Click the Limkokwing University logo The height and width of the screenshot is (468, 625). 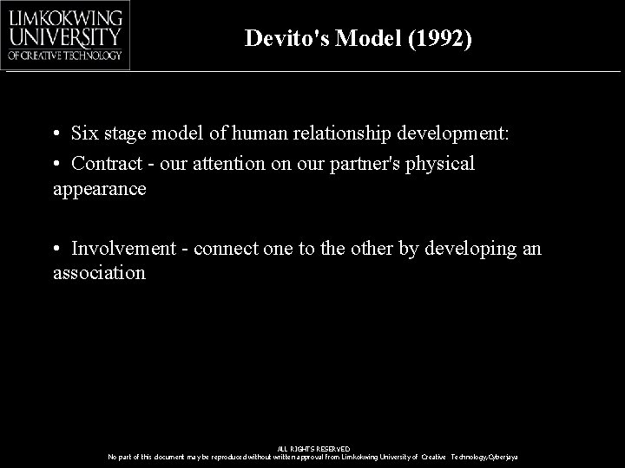66,34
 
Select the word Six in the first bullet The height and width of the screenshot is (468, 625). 85,134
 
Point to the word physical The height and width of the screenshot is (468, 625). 441,163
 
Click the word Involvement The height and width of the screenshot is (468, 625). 123,249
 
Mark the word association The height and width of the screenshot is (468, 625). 99,273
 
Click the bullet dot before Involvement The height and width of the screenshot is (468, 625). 55,250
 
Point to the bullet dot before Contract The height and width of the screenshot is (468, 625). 55,164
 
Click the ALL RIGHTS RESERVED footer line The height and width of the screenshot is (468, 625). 313,448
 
